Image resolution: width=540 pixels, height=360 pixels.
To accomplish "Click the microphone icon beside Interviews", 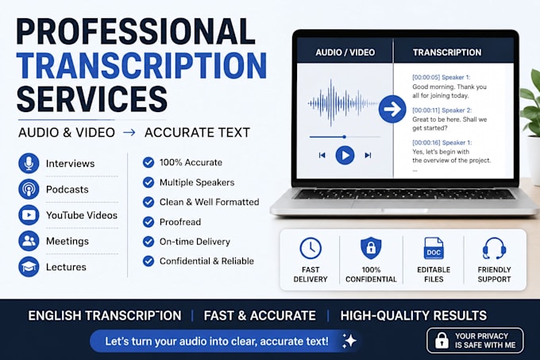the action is [29, 163].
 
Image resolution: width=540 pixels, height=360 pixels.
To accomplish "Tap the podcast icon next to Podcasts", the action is [29, 189].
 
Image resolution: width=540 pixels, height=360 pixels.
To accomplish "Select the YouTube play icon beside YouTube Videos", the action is [29, 215].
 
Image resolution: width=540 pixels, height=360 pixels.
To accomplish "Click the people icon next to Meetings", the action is [29, 241].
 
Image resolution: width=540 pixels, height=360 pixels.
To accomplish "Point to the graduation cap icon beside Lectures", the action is [29, 267].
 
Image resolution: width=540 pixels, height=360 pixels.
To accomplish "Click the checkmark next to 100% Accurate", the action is [148, 162].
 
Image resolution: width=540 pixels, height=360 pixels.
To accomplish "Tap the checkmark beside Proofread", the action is [148, 222].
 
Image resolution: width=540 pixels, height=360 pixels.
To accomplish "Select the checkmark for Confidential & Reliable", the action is [148, 261].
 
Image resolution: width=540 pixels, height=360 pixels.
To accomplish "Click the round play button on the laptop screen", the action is [345, 155].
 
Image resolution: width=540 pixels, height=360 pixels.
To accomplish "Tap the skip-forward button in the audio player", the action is [368, 156].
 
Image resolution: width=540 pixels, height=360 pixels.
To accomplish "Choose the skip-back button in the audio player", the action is [322, 156].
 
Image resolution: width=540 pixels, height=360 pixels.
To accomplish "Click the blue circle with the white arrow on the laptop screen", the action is [392, 109].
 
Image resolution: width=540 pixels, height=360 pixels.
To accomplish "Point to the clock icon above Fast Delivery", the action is [310, 248].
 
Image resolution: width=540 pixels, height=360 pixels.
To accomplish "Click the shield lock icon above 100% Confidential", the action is [371, 248].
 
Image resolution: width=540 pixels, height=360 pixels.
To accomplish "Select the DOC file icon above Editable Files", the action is [434, 248].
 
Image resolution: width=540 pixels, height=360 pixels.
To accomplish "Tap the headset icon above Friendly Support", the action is [494, 248].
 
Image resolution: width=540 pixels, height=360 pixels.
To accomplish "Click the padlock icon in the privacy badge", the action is [442, 340].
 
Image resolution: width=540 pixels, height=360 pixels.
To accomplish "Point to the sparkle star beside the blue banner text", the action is [349, 341].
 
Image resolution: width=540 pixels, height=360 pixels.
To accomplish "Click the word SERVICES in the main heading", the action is [92, 99].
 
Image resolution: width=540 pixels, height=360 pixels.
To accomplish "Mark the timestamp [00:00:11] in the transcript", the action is [426, 110].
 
